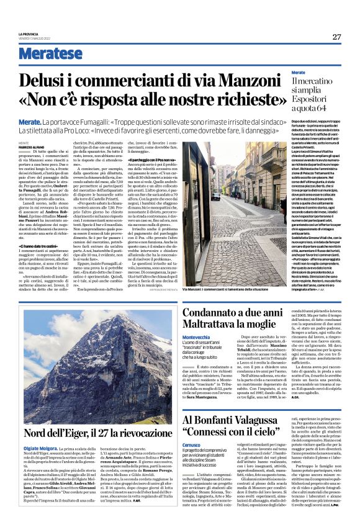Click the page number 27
336,37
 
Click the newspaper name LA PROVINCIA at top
28,34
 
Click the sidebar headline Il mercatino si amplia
305,87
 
